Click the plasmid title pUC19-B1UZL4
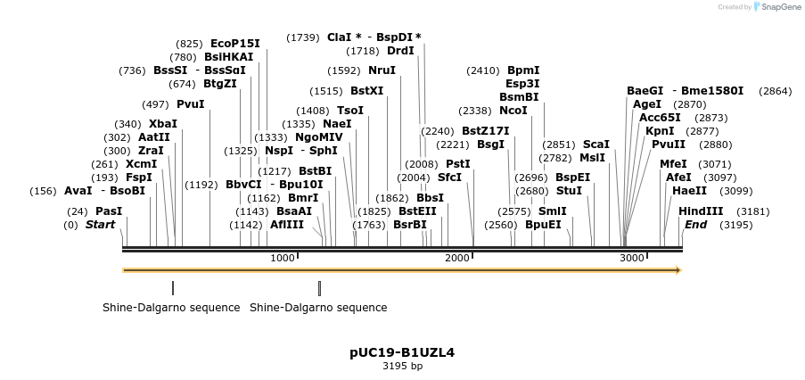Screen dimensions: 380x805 coord(402,352)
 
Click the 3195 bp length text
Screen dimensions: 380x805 coord(402,366)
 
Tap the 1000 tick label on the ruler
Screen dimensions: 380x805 coord(282,258)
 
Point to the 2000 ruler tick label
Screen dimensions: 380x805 coord(456,258)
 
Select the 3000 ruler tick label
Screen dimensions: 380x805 coord(631,258)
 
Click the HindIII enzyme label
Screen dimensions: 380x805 coord(701,211)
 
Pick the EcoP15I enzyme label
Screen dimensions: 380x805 coord(235,43)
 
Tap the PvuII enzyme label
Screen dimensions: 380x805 coord(668,145)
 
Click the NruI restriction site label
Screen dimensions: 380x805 coord(382,70)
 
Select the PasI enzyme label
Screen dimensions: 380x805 coord(108,211)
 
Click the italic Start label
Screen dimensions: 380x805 coord(100,225)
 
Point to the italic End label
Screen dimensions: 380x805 coord(695,225)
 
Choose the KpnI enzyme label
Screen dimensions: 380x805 coord(660,131)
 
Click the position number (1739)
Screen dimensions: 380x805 coord(302,37)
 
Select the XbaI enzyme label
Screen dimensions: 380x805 coord(162,124)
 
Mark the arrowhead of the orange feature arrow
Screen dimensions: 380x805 coord(678,269)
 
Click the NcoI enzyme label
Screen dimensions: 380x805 coord(513,111)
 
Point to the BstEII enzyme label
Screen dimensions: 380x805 coord(417,211)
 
